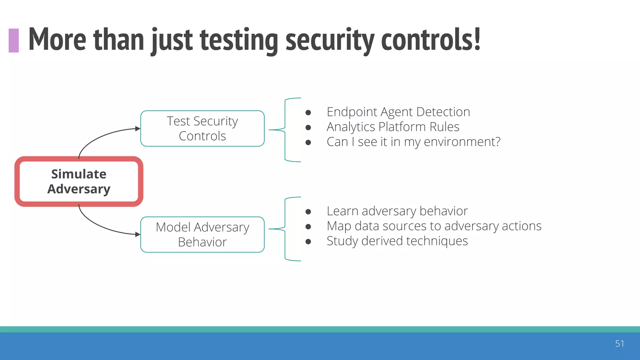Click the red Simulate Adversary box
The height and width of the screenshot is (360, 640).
pyautogui.click(x=79, y=182)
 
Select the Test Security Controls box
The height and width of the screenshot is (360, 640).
pyautogui.click(x=202, y=128)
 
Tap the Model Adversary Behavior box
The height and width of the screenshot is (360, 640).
pyautogui.click(x=202, y=234)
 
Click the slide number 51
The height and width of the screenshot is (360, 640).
pyautogui.click(x=619, y=343)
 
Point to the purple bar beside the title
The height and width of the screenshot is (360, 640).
pyautogui.click(x=14, y=40)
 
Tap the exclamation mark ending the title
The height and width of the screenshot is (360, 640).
pyautogui.click(x=477, y=39)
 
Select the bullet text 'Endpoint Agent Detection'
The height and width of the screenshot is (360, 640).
pyautogui.click(x=398, y=112)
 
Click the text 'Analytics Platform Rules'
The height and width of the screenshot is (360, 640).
pyautogui.click(x=393, y=127)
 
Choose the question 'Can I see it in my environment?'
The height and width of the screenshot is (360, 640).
pyautogui.click(x=413, y=142)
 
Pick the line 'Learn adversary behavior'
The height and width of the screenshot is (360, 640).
pyautogui.click(x=397, y=211)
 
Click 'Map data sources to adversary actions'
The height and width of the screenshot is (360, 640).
pyautogui.click(x=434, y=226)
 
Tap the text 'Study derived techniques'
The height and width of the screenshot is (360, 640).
pyautogui.click(x=397, y=241)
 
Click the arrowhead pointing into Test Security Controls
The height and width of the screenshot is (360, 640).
pyautogui.click(x=137, y=128)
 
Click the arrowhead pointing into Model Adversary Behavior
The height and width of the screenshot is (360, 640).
pyautogui.click(x=137, y=234)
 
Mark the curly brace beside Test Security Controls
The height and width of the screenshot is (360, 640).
pyautogui.click(x=285, y=130)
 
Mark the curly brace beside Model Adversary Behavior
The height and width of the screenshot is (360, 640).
pyautogui.click(x=285, y=229)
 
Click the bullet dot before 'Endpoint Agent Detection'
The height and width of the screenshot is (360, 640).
pyautogui.click(x=308, y=112)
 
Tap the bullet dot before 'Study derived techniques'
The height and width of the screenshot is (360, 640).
pyautogui.click(x=308, y=242)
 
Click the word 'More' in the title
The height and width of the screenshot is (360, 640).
pyautogui.click(x=57, y=40)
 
